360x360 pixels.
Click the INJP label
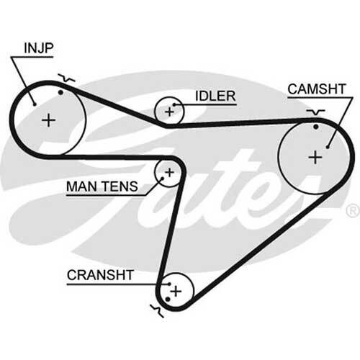[x=39, y=48]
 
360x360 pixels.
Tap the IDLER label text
[x=215, y=96]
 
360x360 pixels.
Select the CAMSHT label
[x=317, y=89]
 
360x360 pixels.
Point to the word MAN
[x=82, y=186]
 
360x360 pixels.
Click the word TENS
[x=120, y=186]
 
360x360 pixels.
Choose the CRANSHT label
[x=100, y=275]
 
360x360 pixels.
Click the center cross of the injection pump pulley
[x=49, y=120]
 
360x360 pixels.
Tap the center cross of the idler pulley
[x=170, y=112]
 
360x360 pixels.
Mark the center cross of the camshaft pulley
[x=315, y=158]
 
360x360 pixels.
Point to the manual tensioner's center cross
[x=169, y=172]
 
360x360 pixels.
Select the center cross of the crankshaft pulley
[x=176, y=291]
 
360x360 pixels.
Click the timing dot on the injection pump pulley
[x=60, y=92]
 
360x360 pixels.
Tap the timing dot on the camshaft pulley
[x=316, y=127]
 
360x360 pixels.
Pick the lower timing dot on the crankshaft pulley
[x=168, y=300]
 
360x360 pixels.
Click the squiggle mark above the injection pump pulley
[x=66, y=78]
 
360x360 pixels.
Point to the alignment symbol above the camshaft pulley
[x=315, y=112]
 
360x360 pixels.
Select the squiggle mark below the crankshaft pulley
[x=157, y=311]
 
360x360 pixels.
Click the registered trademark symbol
[x=353, y=211]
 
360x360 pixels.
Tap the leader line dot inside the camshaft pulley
[x=328, y=147]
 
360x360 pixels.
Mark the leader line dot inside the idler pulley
[x=174, y=105]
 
